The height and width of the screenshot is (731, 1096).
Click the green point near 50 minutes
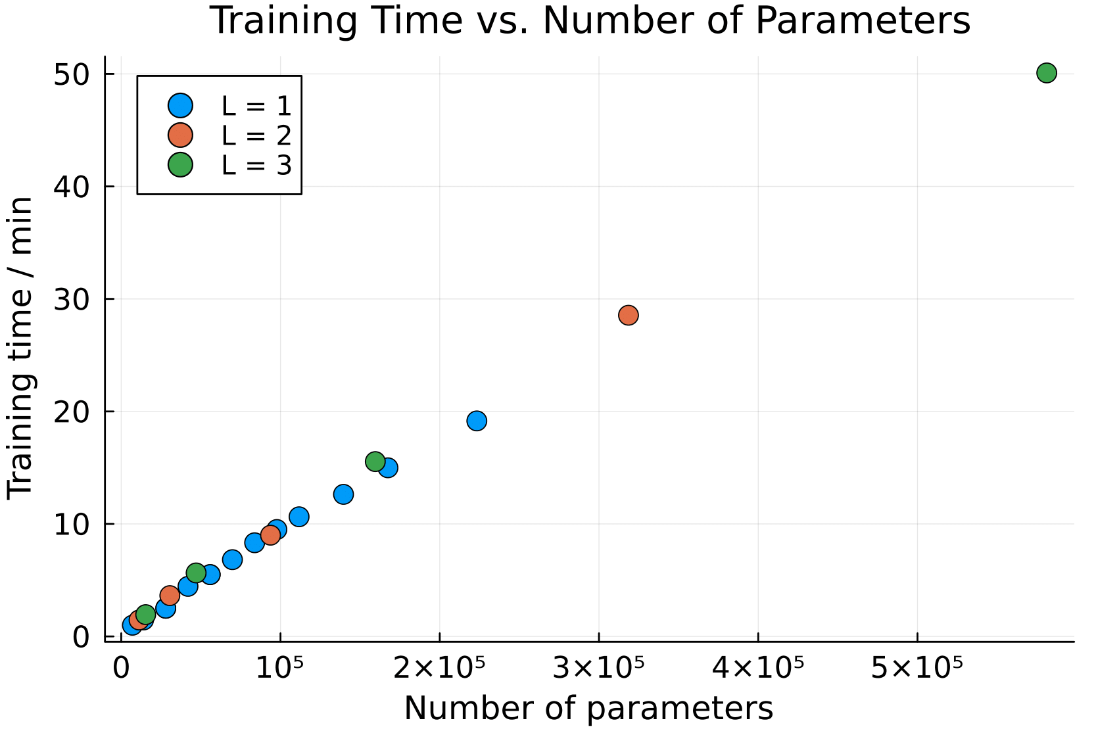tap(1046, 73)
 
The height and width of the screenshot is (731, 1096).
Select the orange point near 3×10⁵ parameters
tap(628, 315)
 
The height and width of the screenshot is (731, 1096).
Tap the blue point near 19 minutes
tap(477, 421)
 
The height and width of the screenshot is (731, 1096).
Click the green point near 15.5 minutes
tap(375, 461)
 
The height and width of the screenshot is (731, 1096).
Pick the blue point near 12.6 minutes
tap(343, 494)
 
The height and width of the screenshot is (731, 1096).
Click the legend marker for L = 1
tap(179, 105)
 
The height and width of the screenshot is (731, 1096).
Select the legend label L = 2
tap(256, 135)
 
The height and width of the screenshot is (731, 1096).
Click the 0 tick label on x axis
tap(121, 668)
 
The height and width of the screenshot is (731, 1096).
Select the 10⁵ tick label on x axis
tap(280, 668)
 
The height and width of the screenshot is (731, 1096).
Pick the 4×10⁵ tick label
tap(757, 668)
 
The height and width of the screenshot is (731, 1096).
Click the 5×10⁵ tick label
tap(917, 668)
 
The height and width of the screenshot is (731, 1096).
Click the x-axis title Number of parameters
tap(588, 709)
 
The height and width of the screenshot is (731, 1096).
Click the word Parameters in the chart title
tap(863, 20)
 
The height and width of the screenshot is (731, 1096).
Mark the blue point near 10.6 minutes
tap(298, 517)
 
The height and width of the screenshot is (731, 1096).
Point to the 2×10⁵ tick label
tap(439, 668)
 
